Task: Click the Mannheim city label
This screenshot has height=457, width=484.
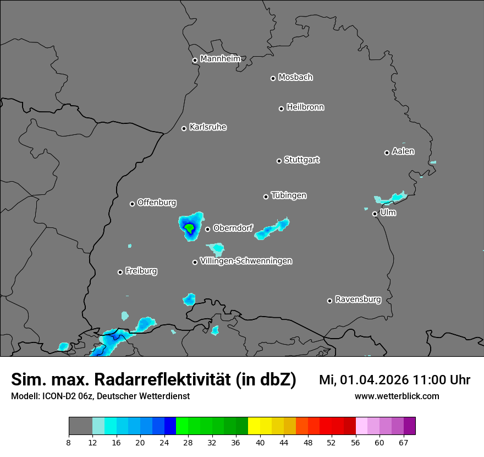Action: [220, 58]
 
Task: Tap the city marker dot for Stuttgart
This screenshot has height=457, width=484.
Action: [279, 161]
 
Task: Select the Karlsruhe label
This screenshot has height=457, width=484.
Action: [208, 127]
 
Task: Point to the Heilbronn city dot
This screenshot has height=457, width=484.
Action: [281, 108]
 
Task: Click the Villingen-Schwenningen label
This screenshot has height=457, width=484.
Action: [246, 260]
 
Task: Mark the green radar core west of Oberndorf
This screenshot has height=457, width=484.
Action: [189, 227]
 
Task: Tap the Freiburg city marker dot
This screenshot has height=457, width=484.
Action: [120, 272]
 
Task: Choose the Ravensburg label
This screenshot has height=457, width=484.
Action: [358, 300]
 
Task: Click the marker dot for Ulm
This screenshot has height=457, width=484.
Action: [375, 214]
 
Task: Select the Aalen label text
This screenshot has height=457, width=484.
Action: [403, 151]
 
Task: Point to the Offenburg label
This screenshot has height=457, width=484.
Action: [157, 202]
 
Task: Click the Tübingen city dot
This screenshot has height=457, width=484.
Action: [266, 197]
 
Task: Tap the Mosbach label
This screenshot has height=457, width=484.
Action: [295, 77]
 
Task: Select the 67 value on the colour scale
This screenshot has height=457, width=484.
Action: [404, 442]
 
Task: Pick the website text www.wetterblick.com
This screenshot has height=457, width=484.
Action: [397, 396]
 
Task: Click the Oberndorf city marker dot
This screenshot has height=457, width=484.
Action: [207, 229]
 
